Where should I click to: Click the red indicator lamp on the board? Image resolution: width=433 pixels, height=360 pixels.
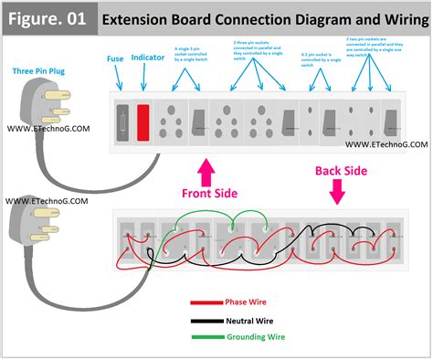tap(143, 121)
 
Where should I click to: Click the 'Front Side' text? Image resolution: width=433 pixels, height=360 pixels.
tap(210, 192)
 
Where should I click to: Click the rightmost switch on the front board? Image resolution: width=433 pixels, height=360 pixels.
tap(392, 121)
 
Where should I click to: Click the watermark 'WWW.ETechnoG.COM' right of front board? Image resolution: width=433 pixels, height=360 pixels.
tap(385, 144)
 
